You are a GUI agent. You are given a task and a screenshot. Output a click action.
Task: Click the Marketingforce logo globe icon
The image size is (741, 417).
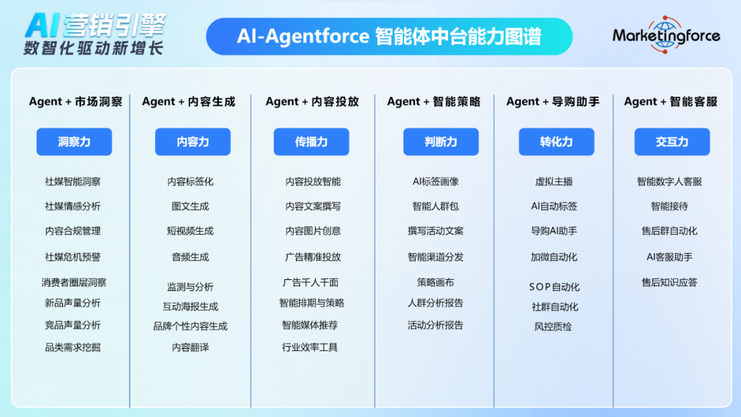(665, 34)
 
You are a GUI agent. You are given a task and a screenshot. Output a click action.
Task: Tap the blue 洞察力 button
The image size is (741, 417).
(74, 142)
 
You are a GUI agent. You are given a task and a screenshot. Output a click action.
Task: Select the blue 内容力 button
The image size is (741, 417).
(193, 142)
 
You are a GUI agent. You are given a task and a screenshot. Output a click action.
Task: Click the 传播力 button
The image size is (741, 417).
(311, 142)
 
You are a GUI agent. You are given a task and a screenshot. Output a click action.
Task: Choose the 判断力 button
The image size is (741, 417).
(441, 142)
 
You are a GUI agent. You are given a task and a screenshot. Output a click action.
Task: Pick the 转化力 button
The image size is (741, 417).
(556, 142)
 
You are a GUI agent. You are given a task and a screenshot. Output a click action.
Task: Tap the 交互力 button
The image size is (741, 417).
(672, 142)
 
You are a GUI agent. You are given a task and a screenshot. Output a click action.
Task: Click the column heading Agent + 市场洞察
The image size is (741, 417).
(75, 102)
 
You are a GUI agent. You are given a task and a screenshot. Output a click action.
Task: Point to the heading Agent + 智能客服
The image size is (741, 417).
(670, 102)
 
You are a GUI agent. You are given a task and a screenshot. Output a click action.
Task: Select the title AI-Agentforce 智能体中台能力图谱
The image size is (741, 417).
(389, 36)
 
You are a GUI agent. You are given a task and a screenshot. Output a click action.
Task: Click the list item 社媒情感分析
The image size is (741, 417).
(73, 206)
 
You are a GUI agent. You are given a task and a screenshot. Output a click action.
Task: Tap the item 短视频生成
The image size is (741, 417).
(191, 231)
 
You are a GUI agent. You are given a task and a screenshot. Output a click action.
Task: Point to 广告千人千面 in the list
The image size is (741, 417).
(311, 283)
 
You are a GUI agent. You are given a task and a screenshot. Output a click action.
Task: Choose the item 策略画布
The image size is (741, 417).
(436, 283)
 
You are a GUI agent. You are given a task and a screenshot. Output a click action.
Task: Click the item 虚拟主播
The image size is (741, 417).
(554, 182)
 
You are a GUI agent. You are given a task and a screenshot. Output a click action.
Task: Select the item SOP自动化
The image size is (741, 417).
(554, 287)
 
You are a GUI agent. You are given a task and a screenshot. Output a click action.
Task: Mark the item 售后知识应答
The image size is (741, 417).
(670, 283)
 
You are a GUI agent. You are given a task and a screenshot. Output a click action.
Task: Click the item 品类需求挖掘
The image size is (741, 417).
(73, 348)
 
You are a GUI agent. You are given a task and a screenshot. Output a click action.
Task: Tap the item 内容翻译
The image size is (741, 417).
(191, 348)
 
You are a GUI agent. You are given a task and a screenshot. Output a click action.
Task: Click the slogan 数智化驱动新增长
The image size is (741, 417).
(93, 48)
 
